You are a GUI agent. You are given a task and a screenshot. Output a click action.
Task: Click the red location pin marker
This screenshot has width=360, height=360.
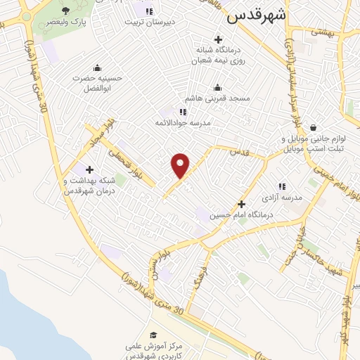point(181,165)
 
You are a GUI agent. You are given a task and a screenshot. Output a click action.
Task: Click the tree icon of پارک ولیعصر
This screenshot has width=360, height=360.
point(66,11)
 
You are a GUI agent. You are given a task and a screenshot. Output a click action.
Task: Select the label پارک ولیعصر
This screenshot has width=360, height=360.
point(67,22)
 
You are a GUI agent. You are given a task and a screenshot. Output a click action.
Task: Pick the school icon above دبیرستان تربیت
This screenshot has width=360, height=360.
point(148,11)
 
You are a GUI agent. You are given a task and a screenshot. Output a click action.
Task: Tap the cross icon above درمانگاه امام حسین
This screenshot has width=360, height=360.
point(241,203)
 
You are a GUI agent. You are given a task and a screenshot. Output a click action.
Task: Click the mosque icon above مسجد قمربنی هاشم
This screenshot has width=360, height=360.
point(217,88)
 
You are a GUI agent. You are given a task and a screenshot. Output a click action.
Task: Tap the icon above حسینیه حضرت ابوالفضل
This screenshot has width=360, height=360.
point(96,67)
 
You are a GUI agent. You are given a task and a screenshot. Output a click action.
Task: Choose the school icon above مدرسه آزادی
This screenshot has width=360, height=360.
point(282,187)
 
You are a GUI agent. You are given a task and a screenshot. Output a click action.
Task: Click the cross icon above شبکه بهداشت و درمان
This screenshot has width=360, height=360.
point(89,169)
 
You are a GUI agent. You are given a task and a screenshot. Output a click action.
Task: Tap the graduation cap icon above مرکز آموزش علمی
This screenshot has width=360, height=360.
point(153,335)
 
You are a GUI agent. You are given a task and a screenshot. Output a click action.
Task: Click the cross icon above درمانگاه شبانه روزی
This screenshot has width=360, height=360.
point(218,40)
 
